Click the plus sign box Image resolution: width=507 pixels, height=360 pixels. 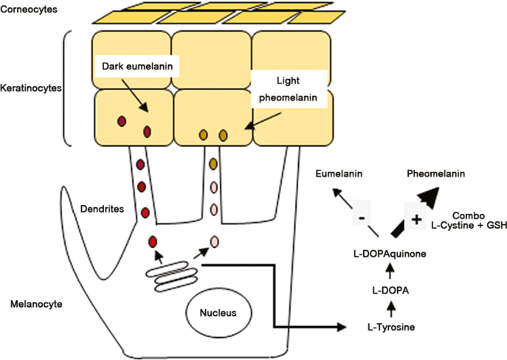(x=415, y=219)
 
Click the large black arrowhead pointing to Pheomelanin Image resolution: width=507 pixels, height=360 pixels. (x=444, y=196)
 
